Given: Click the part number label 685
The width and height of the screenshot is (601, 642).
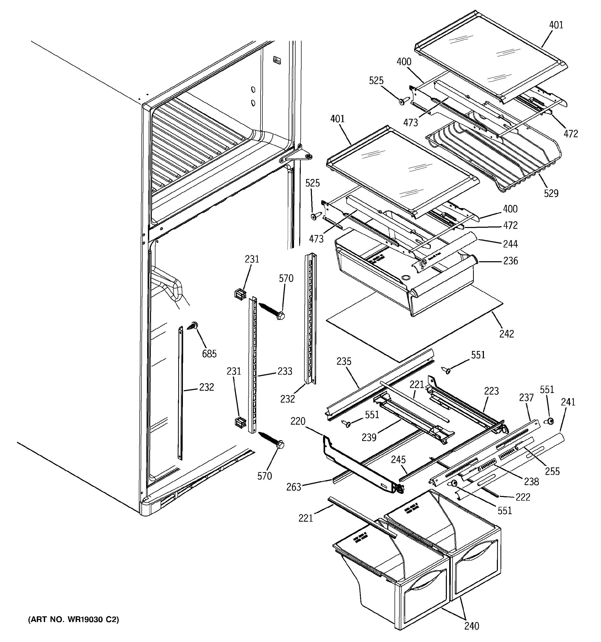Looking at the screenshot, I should click(x=209, y=354).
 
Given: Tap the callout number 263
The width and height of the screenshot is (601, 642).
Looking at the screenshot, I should click(x=294, y=487).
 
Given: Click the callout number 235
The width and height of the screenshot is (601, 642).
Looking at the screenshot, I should click(x=344, y=361).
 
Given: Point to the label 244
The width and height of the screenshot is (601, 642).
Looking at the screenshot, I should click(x=510, y=244).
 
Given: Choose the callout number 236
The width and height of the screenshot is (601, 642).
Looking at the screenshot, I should click(x=510, y=261).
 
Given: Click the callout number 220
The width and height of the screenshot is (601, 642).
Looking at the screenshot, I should click(x=298, y=421).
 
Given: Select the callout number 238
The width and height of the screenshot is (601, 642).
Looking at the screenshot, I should click(x=531, y=481).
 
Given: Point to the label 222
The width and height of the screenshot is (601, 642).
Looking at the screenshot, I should click(x=523, y=497).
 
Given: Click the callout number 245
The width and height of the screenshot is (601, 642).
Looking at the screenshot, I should click(x=398, y=460).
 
